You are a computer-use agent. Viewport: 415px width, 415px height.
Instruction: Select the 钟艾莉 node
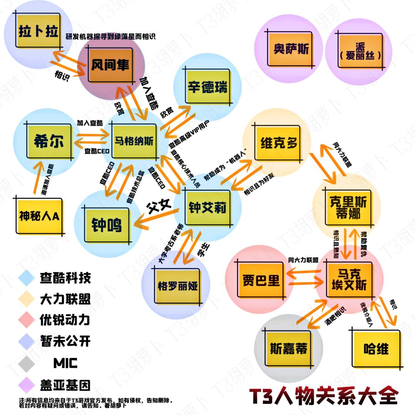[x=207, y=208]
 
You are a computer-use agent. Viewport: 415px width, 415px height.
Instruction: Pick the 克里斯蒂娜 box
[x=349, y=207]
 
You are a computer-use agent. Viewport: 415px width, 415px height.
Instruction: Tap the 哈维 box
[x=375, y=349]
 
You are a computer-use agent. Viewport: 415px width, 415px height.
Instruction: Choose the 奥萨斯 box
[x=291, y=49]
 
